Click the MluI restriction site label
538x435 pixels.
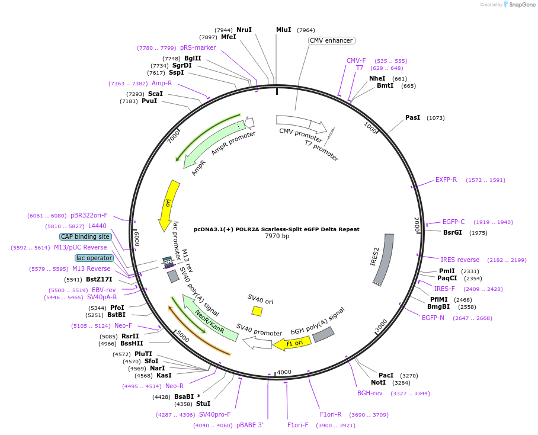pyautogui.click(x=283, y=30)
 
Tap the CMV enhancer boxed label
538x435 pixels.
pyautogui.click(x=331, y=40)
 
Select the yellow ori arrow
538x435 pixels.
pyautogui.click(x=169, y=205)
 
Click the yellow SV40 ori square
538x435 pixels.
pyautogui.click(x=257, y=311)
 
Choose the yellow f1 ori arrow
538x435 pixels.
pyautogui.click(x=292, y=343)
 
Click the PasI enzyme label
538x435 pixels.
pyautogui.click(x=412, y=118)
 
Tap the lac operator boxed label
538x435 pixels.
pyautogui.click(x=94, y=258)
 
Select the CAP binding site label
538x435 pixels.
pyautogui.click(x=85, y=236)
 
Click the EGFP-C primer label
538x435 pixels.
pyautogui.click(x=453, y=222)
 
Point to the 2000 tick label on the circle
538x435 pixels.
pyautogui.click(x=417, y=225)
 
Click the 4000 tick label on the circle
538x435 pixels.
pyautogui.click(x=284, y=372)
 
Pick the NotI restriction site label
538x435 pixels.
pyautogui.click(x=378, y=382)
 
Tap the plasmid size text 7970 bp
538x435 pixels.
pyautogui.click(x=277, y=236)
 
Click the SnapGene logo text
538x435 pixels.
pyautogui.click(x=522, y=5)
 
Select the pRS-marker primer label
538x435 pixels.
pyautogui.click(x=198, y=47)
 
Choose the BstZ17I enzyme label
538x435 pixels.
pyautogui.click(x=99, y=279)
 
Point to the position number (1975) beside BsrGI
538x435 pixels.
pyautogui.click(x=478, y=233)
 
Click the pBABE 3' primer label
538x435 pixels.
pyautogui.click(x=250, y=425)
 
